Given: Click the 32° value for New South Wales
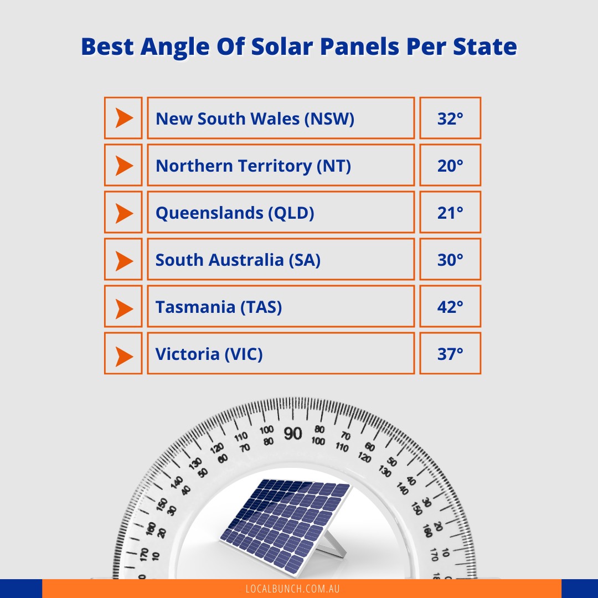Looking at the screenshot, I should tap(450, 118).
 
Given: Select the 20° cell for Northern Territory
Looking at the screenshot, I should tap(450, 166).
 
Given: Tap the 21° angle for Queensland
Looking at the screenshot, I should tap(450, 213).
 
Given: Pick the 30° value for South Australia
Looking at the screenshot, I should tap(450, 260).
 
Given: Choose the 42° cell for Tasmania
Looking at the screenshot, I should tap(450, 307).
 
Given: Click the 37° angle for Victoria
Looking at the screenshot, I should tap(450, 354).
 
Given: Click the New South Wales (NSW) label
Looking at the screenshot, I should tap(255, 118).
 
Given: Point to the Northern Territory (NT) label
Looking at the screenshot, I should tap(253, 166).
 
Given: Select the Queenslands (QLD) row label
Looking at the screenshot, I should tap(235, 213).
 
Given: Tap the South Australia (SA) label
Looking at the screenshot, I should tap(238, 260).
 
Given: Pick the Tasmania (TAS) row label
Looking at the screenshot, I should tap(219, 307).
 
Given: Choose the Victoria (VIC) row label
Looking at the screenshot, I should tap(209, 354).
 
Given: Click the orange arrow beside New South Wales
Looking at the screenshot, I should tap(124, 118).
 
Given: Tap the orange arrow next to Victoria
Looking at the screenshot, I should tap(124, 354).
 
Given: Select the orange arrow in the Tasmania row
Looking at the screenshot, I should tap(124, 307).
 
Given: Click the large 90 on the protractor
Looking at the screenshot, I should tap(293, 434).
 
